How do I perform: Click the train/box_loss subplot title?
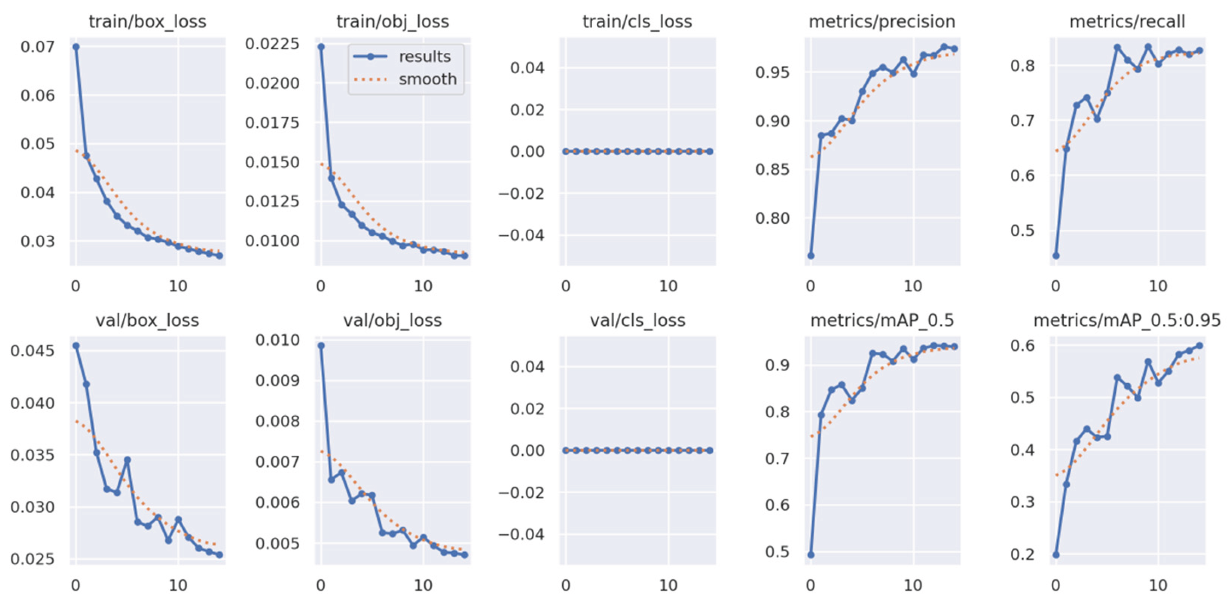point(148,22)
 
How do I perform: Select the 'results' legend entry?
point(424,57)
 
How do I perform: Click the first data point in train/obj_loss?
point(321,47)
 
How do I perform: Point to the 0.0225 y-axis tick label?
point(273,44)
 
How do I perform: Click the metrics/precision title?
point(882,22)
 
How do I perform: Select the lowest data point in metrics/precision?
point(811,256)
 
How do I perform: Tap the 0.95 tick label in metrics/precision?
point(773,72)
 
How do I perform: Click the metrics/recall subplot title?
point(1127,22)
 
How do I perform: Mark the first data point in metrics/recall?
point(1056,256)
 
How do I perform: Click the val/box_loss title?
point(148,321)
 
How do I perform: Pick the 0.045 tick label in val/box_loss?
point(32,351)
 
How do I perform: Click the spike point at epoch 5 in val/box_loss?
point(127,460)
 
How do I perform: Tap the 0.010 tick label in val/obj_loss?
point(278,340)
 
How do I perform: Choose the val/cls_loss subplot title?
point(638,321)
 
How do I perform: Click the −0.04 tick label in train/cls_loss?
point(521,235)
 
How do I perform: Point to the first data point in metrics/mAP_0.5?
point(811,555)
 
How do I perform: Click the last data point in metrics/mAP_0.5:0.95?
point(1199,346)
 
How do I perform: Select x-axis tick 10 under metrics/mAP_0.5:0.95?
point(1158,585)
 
